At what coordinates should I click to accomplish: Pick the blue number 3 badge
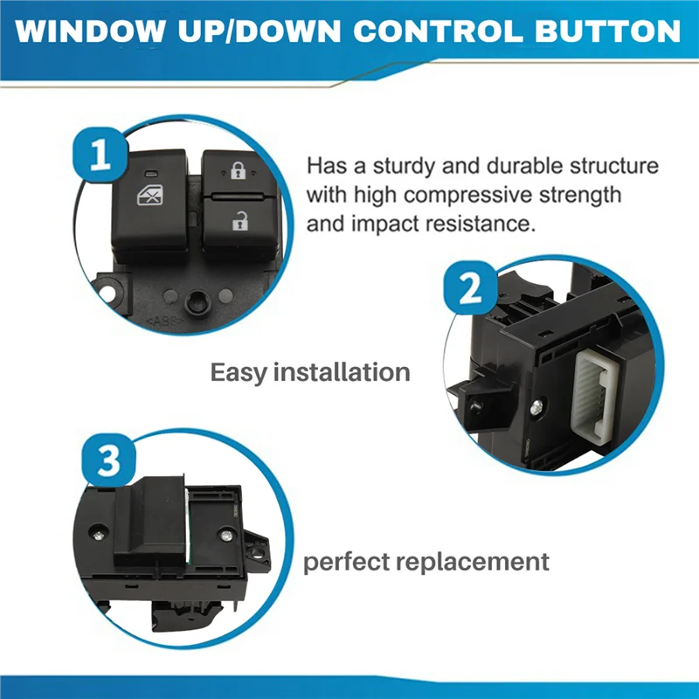[107, 462]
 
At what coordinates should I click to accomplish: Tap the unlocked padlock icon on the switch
[239, 222]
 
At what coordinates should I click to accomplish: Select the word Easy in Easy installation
[239, 371]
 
